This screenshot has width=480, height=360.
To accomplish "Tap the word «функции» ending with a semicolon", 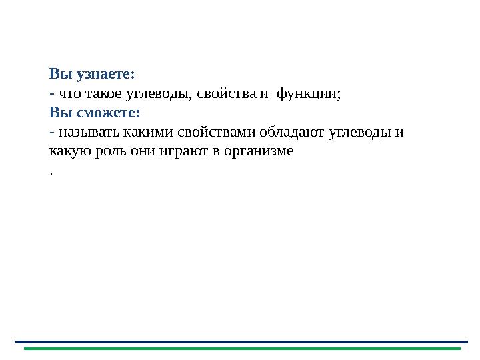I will [309, 93].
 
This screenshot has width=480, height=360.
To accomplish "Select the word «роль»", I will [103, 151].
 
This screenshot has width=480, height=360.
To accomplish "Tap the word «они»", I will [137, 151].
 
